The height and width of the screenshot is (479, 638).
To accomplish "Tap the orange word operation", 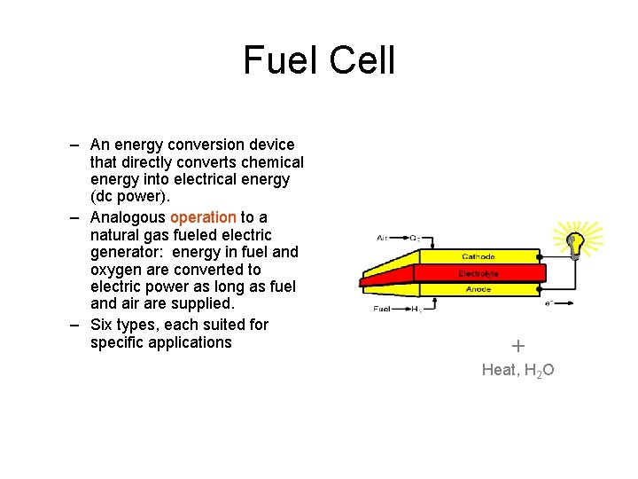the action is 203,217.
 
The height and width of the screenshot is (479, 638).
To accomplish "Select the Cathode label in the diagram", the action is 478,257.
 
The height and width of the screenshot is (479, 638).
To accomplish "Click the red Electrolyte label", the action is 478,273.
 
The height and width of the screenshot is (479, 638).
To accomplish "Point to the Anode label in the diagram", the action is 478,289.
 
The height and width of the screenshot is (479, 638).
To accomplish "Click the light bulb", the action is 575,242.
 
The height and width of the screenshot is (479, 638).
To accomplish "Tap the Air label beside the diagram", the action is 382,238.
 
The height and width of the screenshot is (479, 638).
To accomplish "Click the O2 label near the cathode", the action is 414,238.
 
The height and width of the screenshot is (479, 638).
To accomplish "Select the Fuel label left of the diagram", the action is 382,310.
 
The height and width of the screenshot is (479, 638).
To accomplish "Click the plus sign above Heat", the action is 518,346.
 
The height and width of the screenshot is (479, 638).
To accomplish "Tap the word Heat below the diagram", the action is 499,370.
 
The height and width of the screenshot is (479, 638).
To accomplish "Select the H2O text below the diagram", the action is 539,371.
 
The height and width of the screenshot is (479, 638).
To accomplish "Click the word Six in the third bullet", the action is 104,325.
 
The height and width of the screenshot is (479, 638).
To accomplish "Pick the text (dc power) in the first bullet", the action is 129,197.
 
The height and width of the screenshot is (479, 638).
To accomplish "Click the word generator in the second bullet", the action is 125,252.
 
